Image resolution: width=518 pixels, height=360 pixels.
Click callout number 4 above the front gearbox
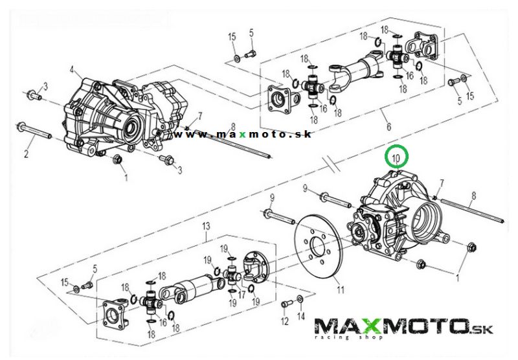73,70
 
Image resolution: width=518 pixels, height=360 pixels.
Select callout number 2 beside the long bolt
27,153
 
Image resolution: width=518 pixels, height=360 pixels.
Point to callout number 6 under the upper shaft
389,126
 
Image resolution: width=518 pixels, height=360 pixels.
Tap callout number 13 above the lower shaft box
206,226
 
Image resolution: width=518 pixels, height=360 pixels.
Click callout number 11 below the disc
341,290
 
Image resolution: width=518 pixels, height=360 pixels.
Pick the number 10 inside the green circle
396,159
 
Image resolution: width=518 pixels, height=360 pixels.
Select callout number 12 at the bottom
285,321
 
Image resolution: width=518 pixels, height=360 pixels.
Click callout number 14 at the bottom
300,316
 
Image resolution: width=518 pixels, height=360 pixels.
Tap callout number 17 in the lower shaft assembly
242,294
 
